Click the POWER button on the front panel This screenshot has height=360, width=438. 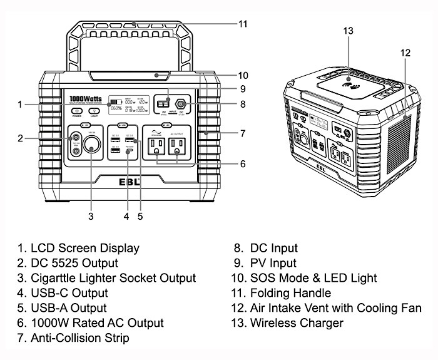(77, 111)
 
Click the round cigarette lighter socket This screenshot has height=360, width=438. (91, 149)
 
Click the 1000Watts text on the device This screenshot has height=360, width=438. (86, 98)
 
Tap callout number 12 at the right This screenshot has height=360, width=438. (405, 53)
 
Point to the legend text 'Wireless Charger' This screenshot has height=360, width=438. (297, 322)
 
